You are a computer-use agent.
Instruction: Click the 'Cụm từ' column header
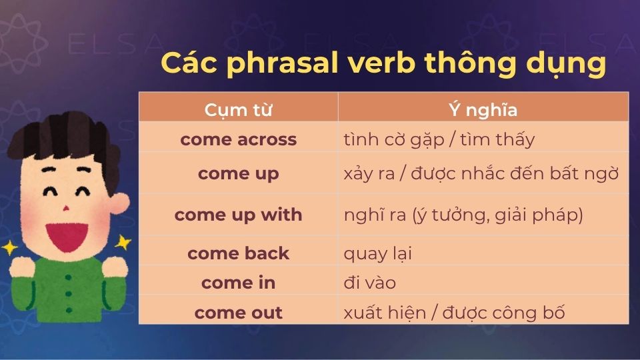(238, 109)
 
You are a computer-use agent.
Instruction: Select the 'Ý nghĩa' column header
(483, 109)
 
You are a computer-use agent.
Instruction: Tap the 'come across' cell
(238, 140)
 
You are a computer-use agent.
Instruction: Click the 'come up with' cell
(238, 215)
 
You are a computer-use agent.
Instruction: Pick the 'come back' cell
(238, 253)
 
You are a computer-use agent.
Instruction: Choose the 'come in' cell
(238, 283)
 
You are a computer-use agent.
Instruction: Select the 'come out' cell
(238, 313)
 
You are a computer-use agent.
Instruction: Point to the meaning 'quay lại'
(377, 254)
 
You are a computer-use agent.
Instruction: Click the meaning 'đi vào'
(369, 283)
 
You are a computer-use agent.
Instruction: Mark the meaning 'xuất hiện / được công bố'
(454, 313)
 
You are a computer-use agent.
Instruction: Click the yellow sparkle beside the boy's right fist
(122, 243)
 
